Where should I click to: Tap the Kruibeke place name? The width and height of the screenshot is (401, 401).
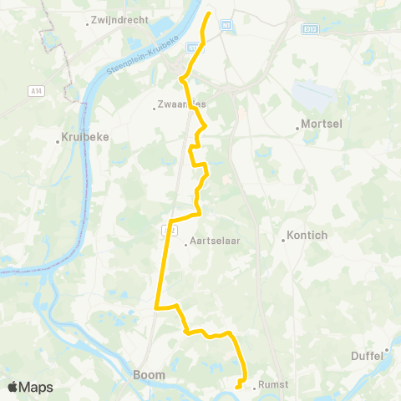[86, 139]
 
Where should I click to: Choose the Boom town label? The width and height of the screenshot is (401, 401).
[149, 375]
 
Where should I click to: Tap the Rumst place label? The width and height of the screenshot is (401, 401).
[273, 384]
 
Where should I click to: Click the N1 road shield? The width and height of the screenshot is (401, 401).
[226, 28]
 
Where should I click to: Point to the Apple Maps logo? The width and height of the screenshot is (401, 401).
[30, 387]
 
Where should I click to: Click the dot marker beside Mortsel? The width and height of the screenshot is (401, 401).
[298, 128]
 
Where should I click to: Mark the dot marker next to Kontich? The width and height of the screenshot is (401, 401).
[284, 241]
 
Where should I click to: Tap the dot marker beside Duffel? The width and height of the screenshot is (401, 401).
[388, 350]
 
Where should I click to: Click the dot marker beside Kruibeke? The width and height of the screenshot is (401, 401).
[58, 142]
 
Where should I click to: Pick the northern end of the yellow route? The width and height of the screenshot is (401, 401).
[207, 13]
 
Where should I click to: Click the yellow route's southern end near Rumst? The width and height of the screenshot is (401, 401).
[237, 387]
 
